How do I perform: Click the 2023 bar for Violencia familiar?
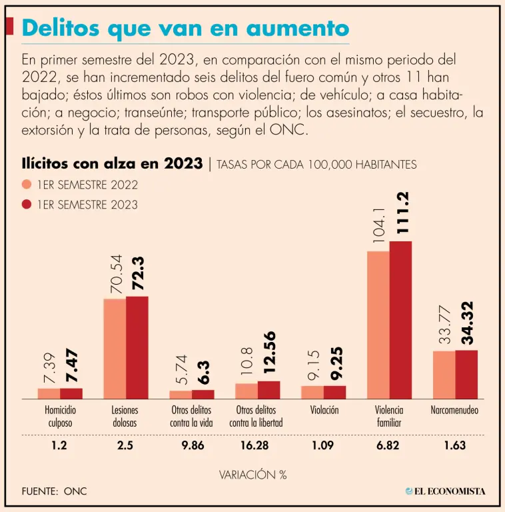pyautogui.click(x=401, y=320)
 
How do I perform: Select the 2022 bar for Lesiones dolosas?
pyautogui.click(x=115, y=349)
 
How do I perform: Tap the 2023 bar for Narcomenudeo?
pyautogui.click(x=466, y=374)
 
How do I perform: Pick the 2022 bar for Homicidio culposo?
pyautogui.click(x=49, y=393)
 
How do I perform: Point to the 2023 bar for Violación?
pyautogui.click(x=335, y=392)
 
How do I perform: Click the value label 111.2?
pyautogui.click(x=402, y=213)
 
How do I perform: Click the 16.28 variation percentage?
pyautogui.click(x=256, y=445)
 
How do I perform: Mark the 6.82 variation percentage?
pyautogui.click(x=388, y=445)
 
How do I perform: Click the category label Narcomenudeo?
pyautogui.click(x=454, y=411)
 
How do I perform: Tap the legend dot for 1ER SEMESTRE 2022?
pyautogui.click(x=27, y=185)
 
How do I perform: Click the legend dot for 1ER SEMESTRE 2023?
pyautogui.click(x=27, y=205)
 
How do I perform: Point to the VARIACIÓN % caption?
pyautogui.click(x=252, y=475)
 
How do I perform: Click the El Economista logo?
pyautogui.click(x=445, y=491)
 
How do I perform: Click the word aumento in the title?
pyautogui.click(x=296, y=28)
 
